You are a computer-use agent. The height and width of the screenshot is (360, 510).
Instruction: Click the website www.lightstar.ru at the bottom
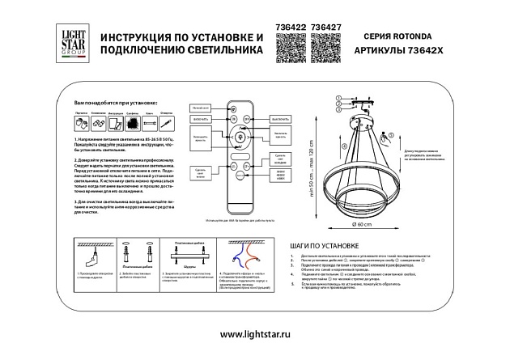[x=255, y=334]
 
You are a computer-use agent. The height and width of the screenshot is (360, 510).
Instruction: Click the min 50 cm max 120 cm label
[x=310, y=174]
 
